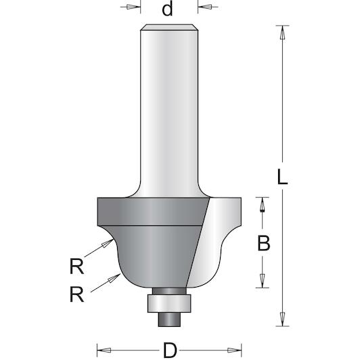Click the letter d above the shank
pos(167,9)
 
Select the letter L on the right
pos(282,177)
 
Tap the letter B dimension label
pos(264,243)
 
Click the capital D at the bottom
pos(170,350)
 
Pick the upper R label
pos(76,266)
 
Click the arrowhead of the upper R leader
pos(108,243)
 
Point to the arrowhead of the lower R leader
pos(114,278)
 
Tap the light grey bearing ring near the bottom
pos(169,303)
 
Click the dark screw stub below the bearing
pos(169,319)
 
